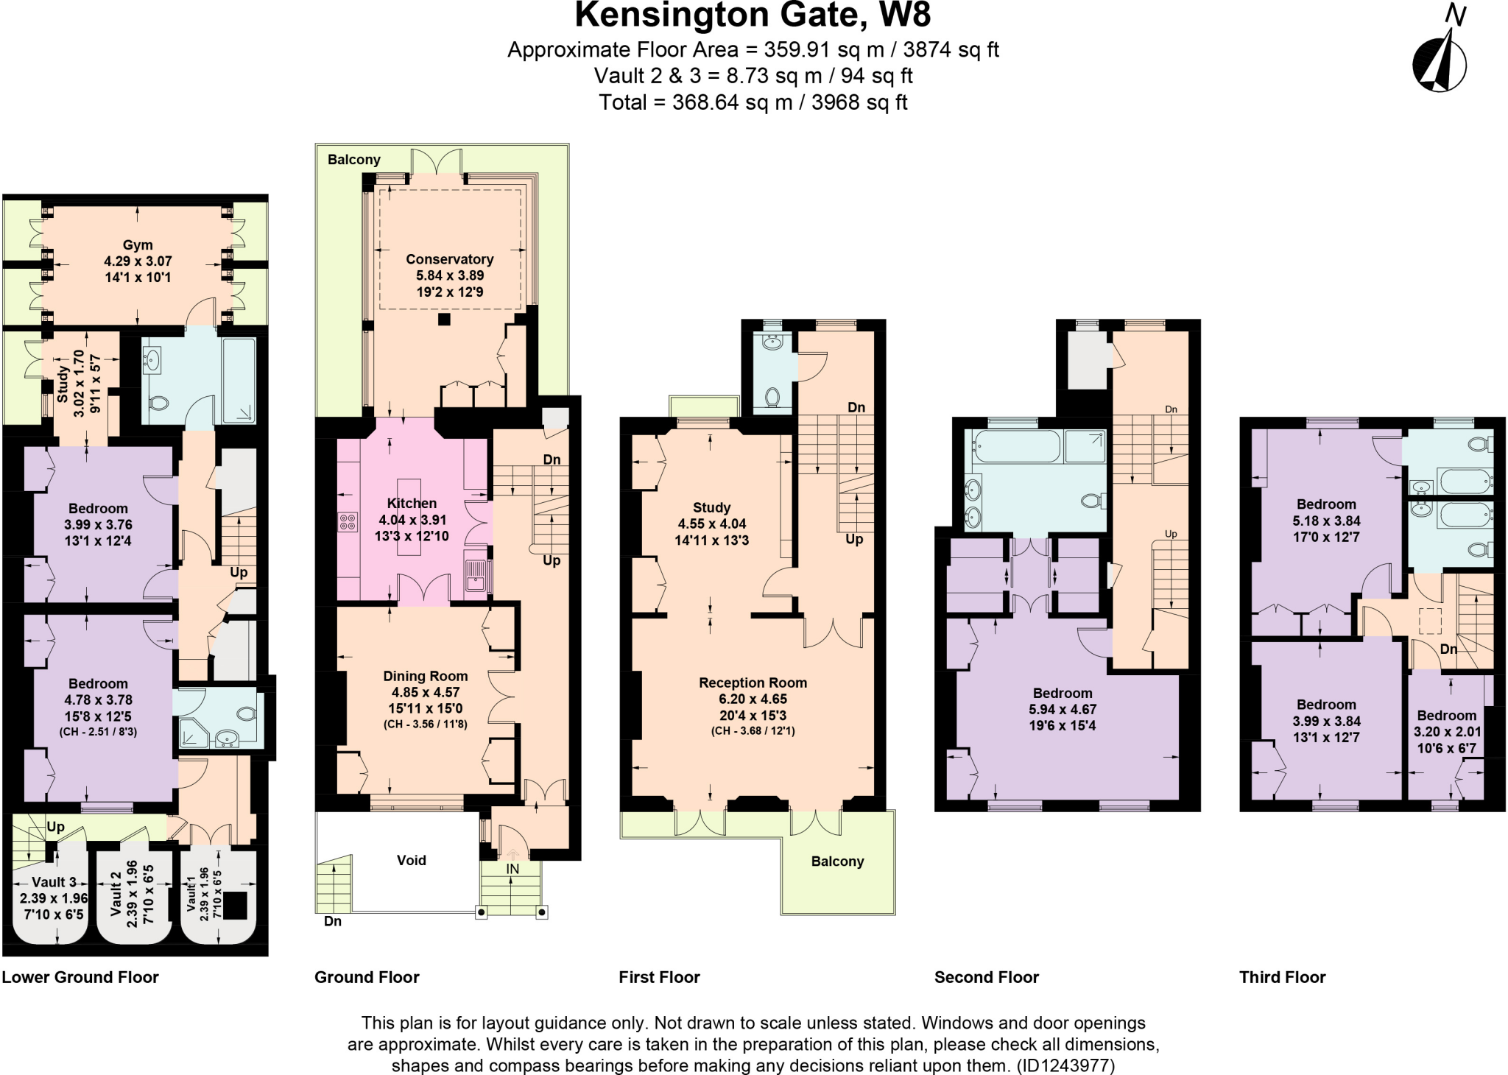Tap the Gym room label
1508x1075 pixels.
138,245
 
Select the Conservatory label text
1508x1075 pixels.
449,259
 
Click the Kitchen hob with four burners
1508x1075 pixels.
348,522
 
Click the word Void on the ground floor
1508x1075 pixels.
411,860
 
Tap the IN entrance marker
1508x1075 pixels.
512,869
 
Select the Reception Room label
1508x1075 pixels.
753,683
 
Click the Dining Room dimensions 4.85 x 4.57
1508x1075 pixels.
426,692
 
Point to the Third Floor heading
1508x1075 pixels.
1282,977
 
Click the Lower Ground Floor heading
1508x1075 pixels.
80,977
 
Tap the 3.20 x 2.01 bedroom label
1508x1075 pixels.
1447,732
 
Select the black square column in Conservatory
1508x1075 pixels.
444,320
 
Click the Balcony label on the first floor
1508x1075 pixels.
837,861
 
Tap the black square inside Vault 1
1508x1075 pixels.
235,906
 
